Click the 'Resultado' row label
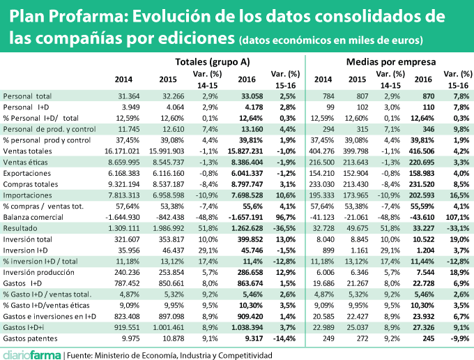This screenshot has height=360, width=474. [20, 248]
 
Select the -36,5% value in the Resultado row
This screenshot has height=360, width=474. [286, 248]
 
